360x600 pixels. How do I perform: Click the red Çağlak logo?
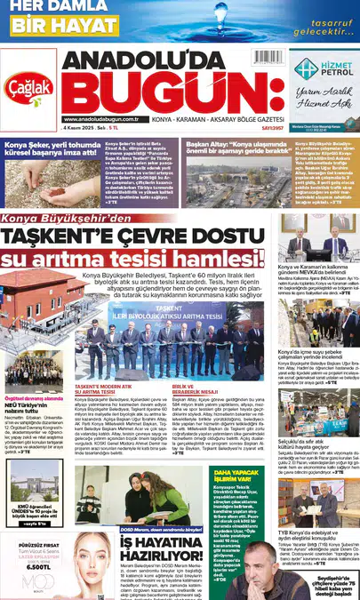point(29,85)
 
